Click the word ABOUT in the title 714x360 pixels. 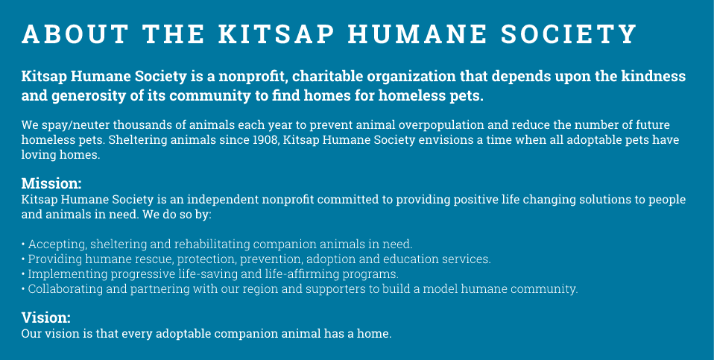point(75,34)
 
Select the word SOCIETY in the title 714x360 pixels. point(569,34)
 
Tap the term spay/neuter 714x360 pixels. point(75,125)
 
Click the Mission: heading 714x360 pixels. point(51,183)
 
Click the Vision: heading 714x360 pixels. point(46,318)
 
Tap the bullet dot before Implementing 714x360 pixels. point(23,275)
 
